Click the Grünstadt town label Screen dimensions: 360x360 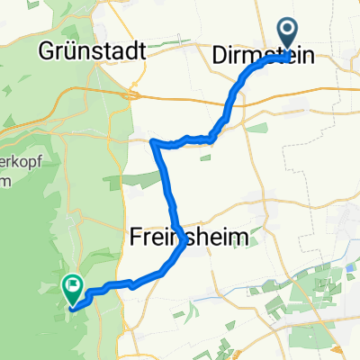pos(93,51)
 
